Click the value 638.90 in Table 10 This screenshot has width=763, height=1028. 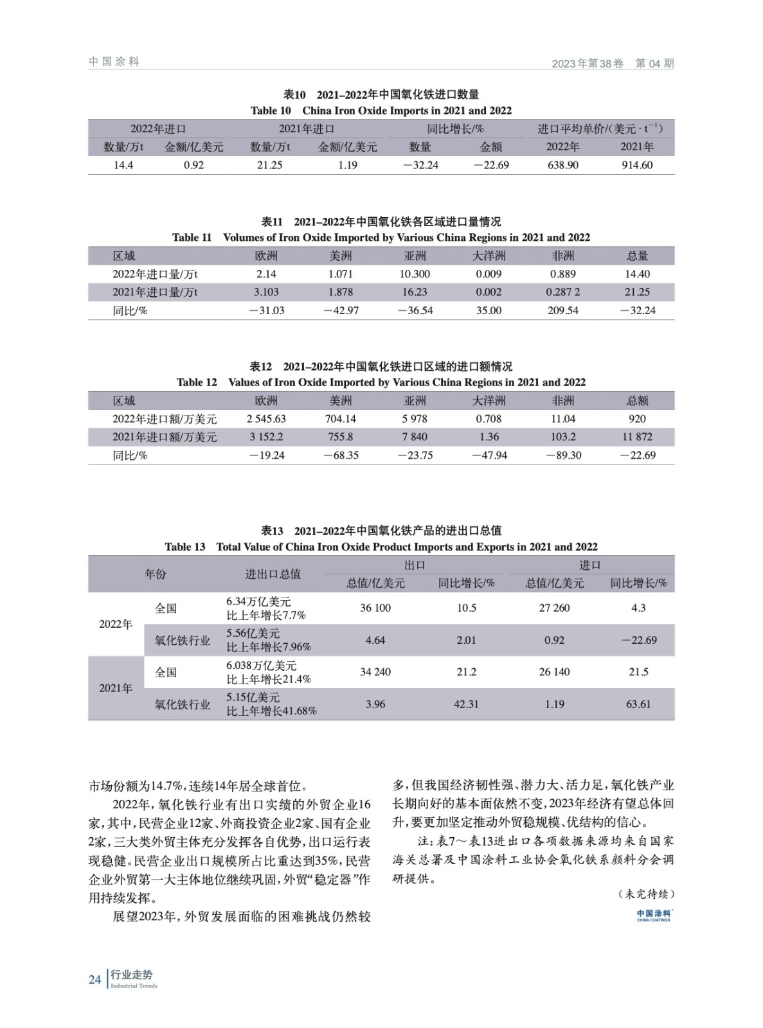coord(562,165)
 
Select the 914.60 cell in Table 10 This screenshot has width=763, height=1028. coord(636,165)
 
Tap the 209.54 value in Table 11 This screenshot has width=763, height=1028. coord(563,310)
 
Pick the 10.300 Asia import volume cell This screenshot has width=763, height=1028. coord(415,274)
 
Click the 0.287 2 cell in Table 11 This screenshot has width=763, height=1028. coord(563,292)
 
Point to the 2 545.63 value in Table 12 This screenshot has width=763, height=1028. coord(266,419)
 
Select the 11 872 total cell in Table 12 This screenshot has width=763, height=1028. coord(637,437)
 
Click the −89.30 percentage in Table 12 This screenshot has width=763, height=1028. coord(563,455)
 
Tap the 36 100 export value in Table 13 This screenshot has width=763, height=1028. coord(375,608)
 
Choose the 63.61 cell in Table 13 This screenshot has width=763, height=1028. coord(638,704)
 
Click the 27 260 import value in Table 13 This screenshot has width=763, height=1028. coord(554,608)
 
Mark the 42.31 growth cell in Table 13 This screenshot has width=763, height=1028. coord(466,704)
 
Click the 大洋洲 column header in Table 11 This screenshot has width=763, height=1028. coord(489,256)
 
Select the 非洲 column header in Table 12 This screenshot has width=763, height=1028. coord(563,401)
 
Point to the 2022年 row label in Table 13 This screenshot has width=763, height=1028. coord(116,624)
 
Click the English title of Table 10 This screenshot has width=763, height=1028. coord(381,111)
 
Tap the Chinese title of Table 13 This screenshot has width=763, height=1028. coord(381,531)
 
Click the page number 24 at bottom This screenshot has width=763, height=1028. coord(95,980)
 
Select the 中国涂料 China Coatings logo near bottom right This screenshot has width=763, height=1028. coord(654,915)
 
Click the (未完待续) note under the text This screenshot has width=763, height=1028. coord(645,894)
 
